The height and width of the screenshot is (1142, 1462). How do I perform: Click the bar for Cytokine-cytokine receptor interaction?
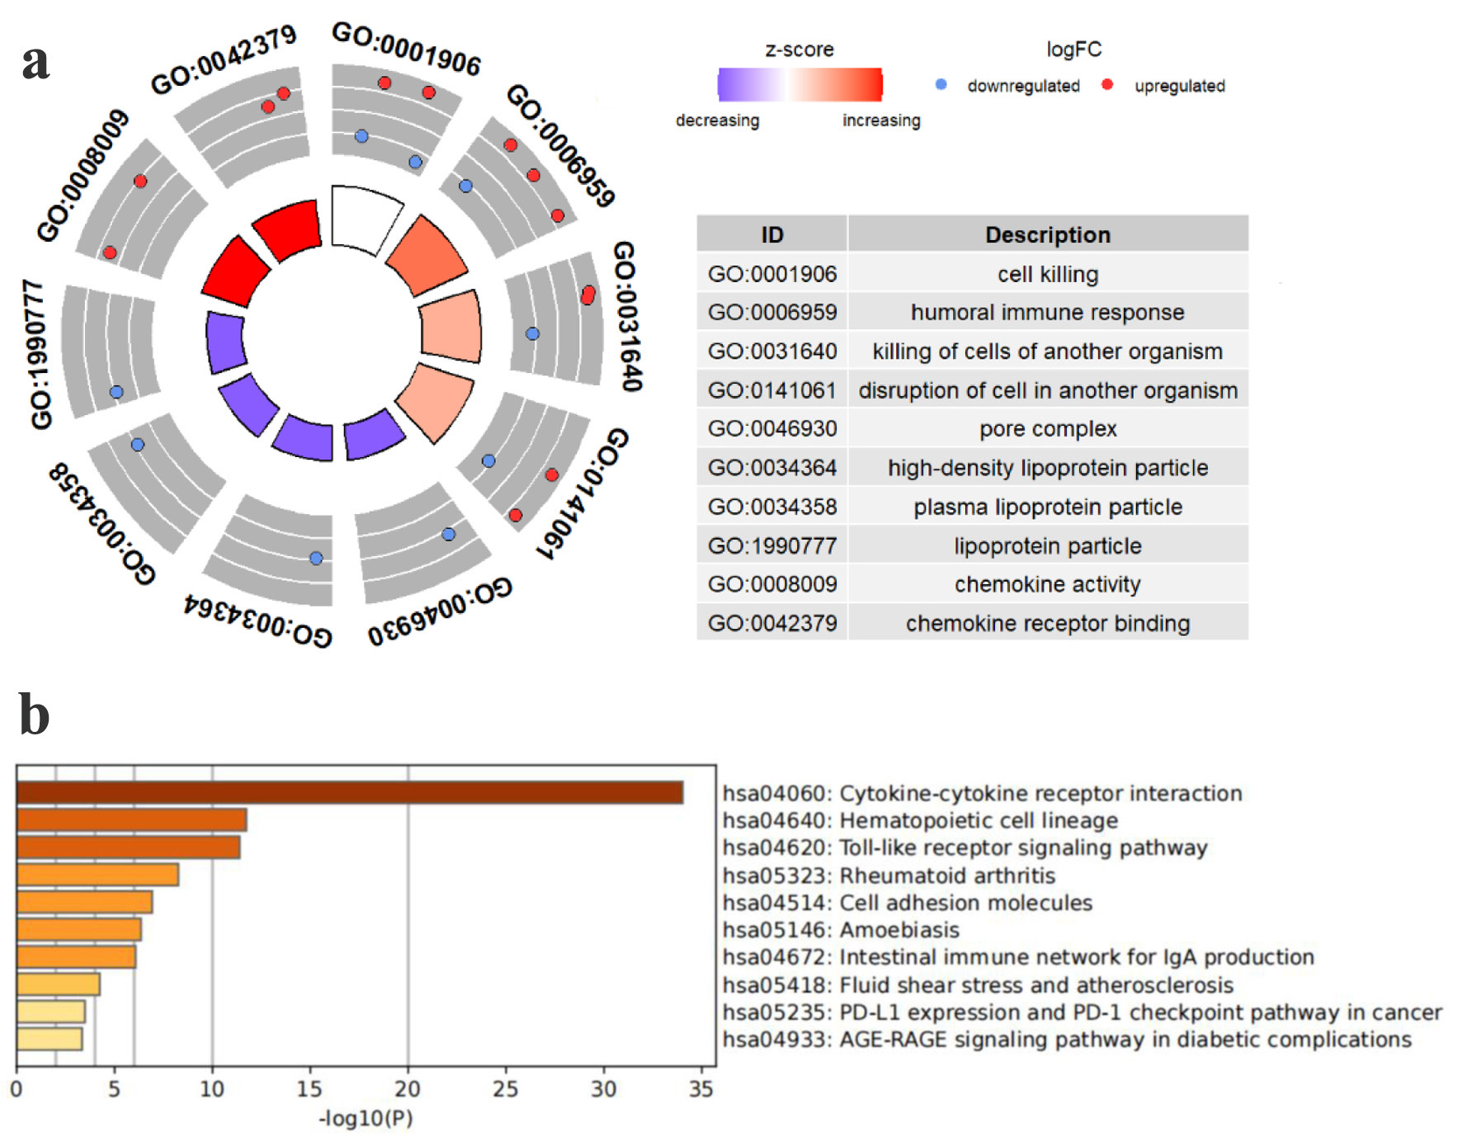click(349, 793)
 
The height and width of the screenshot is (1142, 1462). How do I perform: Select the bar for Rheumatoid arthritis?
click(97, 875)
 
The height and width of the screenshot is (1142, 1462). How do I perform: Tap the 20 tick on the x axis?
click(408, 1089)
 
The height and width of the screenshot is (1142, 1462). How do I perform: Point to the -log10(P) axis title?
click(365, 1119)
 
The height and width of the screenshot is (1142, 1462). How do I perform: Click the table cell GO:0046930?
click(772, 429)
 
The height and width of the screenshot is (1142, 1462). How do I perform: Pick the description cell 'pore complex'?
click(1048, 429)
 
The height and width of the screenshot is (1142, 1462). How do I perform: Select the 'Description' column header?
click(1048, 235)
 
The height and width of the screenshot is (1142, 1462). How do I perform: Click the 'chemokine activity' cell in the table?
click(1048, 584)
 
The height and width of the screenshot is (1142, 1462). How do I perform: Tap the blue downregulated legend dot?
click(941, 84)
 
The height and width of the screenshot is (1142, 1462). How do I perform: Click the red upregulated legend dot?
click(1107, 84)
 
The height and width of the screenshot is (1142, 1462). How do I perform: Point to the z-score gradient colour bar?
click(799, 84)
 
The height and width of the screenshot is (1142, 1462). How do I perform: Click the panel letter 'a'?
click(35, 62)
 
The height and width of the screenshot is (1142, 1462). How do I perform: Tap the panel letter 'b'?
click(34, 715)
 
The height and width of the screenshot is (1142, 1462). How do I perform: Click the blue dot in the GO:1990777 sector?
click(116, 392)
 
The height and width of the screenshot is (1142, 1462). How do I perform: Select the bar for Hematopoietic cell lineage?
click(131, 820)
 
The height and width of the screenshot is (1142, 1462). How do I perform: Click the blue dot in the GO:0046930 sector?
click(448, 535)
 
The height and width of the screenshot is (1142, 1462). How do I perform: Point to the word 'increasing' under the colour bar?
click(881, 120)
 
